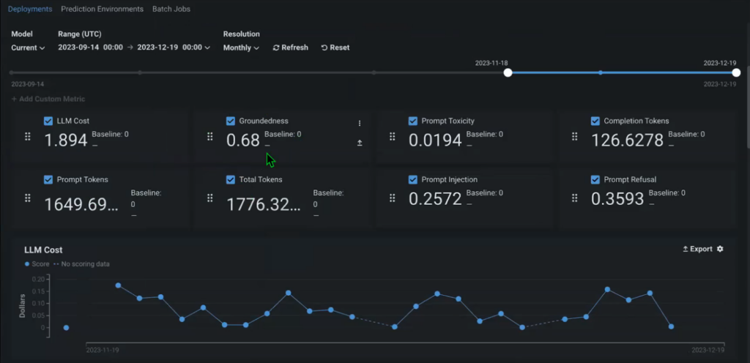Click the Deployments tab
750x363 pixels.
coord(29,10)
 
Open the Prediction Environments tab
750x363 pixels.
coord(102,10)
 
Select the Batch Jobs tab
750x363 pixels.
coord(171,10)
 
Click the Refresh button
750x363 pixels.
coord(290,48)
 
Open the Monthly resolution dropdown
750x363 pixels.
coord(241,48)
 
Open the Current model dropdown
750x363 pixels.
coord(28,48)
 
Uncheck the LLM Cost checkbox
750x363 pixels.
coord(48,121)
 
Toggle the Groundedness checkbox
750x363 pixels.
coord(231,121)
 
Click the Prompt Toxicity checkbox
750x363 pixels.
coord(413,121)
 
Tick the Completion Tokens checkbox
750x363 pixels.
coord(595,121)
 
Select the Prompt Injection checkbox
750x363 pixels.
coord(413,179)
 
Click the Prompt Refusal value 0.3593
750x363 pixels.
coord(617,198)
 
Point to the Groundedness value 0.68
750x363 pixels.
coord(243,140)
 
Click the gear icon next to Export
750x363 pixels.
coord(720,249)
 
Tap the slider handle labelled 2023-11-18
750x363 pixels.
coord(508,72)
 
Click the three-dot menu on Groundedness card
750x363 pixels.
coord(360,123)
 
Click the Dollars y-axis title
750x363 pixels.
coord(23,305)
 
